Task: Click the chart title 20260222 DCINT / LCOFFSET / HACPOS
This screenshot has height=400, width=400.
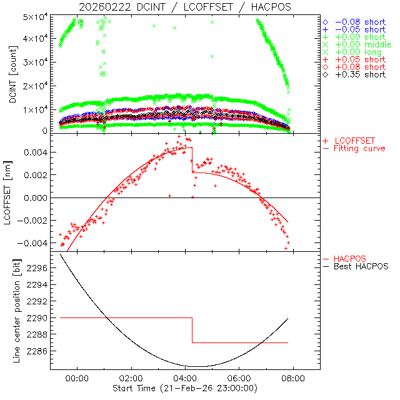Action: point(185,7)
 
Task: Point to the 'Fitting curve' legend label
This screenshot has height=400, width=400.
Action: point(359,149)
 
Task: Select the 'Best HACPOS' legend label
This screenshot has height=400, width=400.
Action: point(361,266)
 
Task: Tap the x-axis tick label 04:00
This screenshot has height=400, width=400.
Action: point(186,377)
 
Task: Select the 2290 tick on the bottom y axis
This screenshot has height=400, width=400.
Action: point(37,318)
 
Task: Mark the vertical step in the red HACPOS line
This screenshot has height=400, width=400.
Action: point(192,330)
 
